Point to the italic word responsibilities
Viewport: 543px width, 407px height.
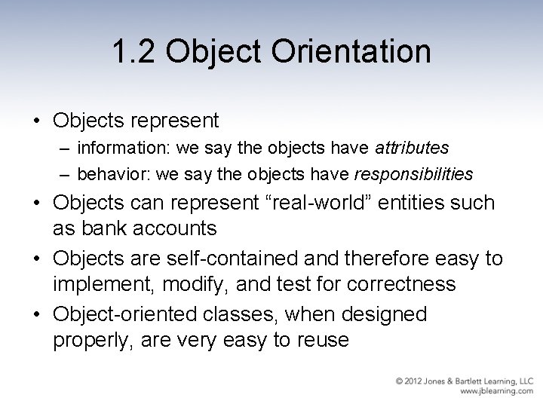(414, 174)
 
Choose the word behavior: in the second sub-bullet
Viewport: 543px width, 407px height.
(111, 174)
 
